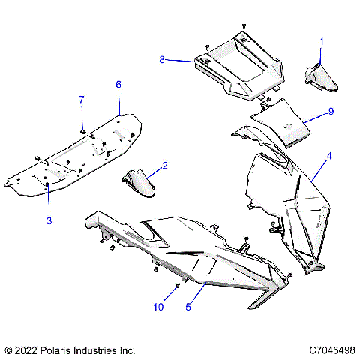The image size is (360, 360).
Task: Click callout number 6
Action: (118, 85)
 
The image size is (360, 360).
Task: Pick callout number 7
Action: (82, 99)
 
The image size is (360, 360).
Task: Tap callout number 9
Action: (330, 112)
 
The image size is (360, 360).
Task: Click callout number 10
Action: (158, 307)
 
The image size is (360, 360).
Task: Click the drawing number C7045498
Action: (330, 350)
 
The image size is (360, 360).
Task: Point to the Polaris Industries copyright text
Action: (70, 350)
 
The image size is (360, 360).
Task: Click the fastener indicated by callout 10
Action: (177, 286)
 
